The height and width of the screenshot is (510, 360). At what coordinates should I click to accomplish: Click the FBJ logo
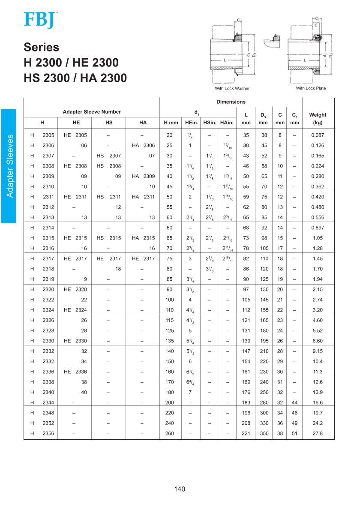coord(40,20)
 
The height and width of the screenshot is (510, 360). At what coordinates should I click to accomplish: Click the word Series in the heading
coord(42,47)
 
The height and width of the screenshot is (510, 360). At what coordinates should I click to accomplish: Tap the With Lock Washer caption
coord(232,88)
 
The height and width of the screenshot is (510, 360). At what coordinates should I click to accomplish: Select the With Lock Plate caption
coord(311,88)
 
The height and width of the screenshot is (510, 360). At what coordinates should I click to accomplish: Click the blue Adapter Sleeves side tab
coord(9,166)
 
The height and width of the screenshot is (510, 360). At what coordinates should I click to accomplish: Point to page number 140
coord(180,489)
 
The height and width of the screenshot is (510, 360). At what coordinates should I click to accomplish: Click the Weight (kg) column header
coord(318,118)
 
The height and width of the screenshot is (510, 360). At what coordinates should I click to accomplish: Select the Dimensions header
coord(231,102)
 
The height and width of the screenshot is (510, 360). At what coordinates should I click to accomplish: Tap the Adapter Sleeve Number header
coord(92,112)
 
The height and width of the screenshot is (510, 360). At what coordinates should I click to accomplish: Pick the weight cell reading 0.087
coord(318,135)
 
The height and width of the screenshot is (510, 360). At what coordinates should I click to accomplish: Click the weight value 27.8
coord(318,433)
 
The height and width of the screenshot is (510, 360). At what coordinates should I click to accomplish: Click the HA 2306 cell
coord(143,145)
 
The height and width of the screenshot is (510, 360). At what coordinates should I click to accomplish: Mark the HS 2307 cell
coord(109,156)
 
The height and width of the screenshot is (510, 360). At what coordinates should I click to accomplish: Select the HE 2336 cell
coord(75,372)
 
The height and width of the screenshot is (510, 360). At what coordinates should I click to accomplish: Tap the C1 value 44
coord(294,402)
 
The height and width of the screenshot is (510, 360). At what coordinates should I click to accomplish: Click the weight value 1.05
coord(318,238)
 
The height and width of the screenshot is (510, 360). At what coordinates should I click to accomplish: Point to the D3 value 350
coord(264,433)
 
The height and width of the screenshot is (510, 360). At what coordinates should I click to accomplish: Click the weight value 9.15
coord(318,351)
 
